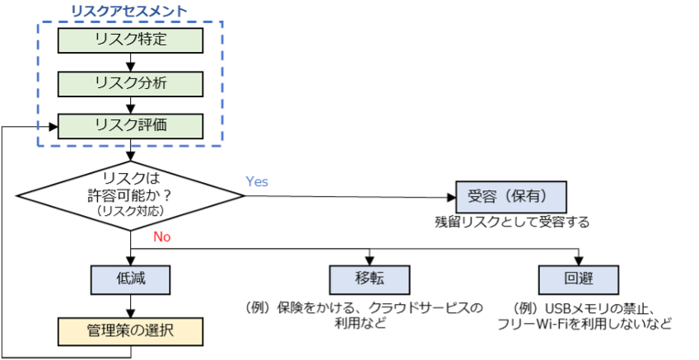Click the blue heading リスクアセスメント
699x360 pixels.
click(x=128, y=12)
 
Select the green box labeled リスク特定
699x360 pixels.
click(x=130, y=40)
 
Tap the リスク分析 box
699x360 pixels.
click(x=130, y=83)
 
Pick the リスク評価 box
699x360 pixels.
click(x=130, y=126)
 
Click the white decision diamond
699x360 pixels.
click(x=130, y=195)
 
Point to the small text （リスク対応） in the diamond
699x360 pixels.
click(x=131, y=212)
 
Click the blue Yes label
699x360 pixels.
click(x=257, y=182)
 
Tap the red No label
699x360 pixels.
click(x=162, y=237)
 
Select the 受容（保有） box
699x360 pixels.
click(x=511, y=197)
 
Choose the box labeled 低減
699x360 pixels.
click(x=130, y=279)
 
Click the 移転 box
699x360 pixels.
click(x=369, y=279)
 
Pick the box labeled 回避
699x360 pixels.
click(x=578, y=279)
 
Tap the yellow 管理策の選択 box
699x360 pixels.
click(x=130, y=331)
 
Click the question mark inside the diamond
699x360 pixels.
click(x=168, y=195)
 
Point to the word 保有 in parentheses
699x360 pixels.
click(x=533, y=197)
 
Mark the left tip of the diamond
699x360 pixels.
click(x=21, y=196)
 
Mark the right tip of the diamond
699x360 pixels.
click(x=240, y=196)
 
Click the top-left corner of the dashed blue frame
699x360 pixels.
click(x=38, y=23)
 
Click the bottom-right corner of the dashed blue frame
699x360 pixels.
click(x=222, y=147)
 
